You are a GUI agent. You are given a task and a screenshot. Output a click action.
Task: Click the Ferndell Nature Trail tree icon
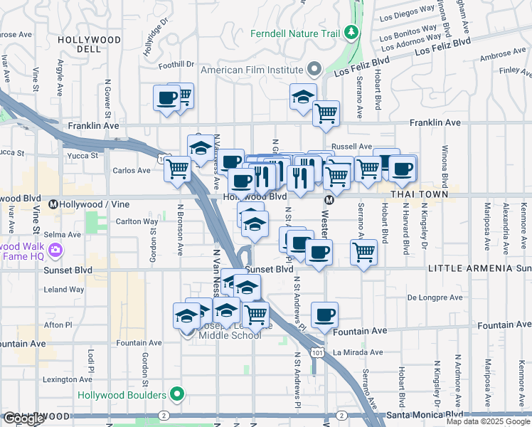pyautogui.click(x=351, y=32)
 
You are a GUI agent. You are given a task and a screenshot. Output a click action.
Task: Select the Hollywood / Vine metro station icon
pyautogui.click(x=53, y=204)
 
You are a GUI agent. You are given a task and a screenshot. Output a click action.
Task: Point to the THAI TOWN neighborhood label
pyautogui.click(x=424, y=194)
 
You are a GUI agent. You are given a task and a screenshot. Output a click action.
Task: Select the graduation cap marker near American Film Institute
pyautogui.click(x=303, y=95)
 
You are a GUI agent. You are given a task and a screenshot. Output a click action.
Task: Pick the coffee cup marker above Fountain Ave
pyautogui.click(x=324, y=314)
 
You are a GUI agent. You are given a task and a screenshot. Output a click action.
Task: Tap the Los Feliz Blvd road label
pyautogui.click(x=442, y=45)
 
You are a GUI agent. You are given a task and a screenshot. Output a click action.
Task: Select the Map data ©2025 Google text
pyautogui.click(x=488, y=421)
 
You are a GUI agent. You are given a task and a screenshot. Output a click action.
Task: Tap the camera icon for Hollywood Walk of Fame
pyautogui.click(x=55, y=250)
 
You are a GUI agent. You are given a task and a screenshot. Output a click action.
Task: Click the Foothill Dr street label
pyautogui.click(x=177, y=64)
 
